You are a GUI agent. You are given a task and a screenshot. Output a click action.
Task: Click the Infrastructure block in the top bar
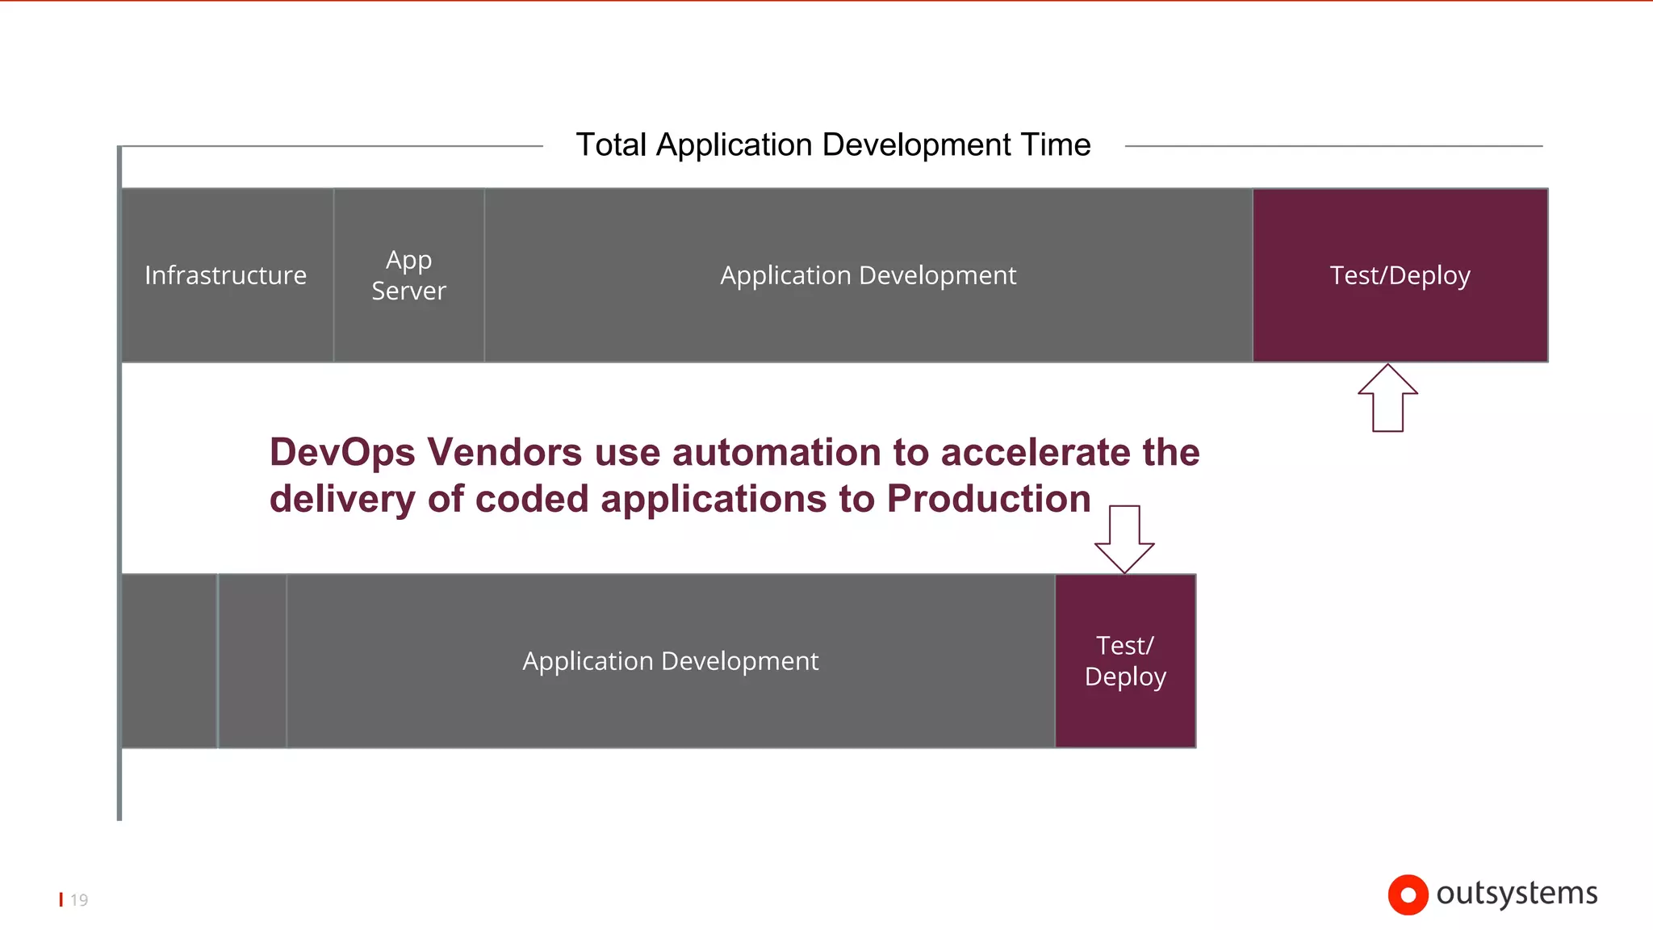click(226, 275)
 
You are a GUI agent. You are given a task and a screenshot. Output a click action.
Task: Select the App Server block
click(408, 275)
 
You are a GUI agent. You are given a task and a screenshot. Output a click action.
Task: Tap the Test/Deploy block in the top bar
click(1400, 275)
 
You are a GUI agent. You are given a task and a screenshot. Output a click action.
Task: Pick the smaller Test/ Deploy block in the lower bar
click(1125, 661)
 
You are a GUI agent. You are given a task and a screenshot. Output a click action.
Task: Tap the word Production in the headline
click(989, 499)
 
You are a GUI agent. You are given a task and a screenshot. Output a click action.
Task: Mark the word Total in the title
click(611, 145)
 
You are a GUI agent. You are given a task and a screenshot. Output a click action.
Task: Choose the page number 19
click(79, 900)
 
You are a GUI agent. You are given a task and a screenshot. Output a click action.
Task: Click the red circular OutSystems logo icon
click(1408, 894)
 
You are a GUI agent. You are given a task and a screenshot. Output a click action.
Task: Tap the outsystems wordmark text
click(1517, 894)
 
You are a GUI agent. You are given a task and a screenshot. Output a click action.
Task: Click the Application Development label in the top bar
click(868, 275)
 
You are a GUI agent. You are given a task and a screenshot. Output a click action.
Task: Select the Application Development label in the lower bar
click(670, 661)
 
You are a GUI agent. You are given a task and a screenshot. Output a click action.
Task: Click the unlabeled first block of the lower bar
click(169, 661)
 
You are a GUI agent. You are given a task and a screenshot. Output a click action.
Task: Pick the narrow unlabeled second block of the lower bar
click(253, 661)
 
